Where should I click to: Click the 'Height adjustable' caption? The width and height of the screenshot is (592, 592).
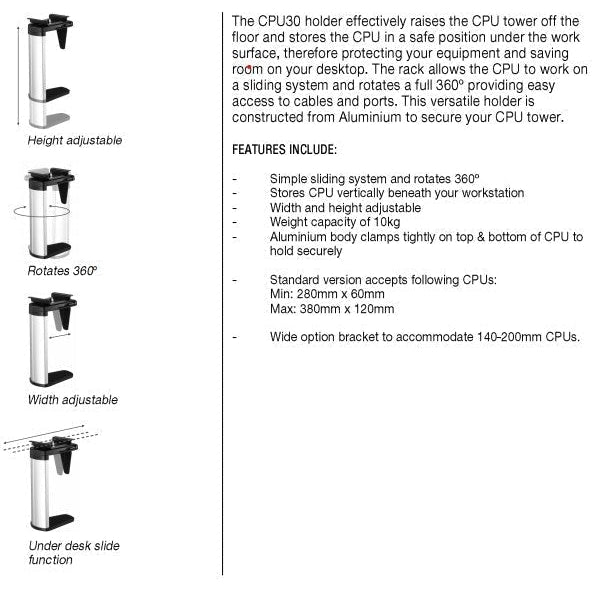click(x=75, y=140)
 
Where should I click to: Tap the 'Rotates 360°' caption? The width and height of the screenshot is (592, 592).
click(x=62, y=270)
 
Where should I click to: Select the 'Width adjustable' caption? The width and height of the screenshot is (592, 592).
click(x=73, y=400)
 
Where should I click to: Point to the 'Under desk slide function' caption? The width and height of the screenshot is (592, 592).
click(x=74, y=552)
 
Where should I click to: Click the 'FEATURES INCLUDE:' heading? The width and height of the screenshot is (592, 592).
click(x=284, y=150)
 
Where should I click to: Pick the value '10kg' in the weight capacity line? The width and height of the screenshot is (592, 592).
click(x=387, y=222)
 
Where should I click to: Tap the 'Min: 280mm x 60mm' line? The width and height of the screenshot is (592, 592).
click(x=327, y=294)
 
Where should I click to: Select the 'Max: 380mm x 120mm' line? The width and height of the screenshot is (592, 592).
click(x=332, y=309)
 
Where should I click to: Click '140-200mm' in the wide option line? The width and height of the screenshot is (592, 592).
click(x=509, y=336)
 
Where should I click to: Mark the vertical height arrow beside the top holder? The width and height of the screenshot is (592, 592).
click(x=18, y=70)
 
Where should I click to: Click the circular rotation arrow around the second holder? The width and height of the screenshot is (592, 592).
click(x=42, y=211)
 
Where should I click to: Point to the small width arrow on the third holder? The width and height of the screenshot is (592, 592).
click(x=60, y=335)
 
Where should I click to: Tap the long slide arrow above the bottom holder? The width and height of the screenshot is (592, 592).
click(x=44, y=433)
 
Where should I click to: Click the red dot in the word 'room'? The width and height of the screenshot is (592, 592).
click(x=249, y=68)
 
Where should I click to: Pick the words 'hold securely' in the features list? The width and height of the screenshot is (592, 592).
click(x=306, y=251)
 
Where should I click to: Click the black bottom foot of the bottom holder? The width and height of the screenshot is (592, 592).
click(x=60, y=521)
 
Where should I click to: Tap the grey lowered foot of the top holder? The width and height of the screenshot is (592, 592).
click(x=58, y=119)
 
